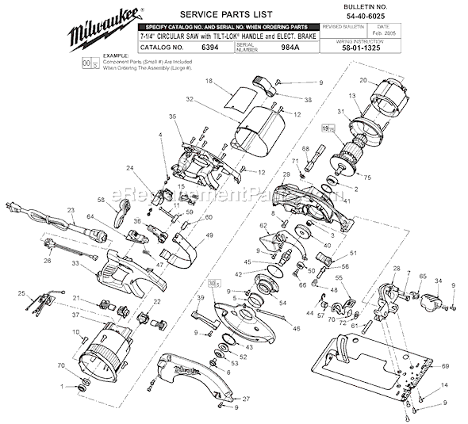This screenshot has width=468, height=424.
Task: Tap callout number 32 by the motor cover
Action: (190, 100)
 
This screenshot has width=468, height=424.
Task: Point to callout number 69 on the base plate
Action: (444, 365)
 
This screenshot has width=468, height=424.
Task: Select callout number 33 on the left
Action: (75, 264)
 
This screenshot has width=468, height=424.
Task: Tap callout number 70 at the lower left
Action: (62, 365)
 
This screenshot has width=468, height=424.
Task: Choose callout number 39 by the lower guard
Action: (201, 296)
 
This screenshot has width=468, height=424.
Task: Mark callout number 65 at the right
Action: (423, 277)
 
